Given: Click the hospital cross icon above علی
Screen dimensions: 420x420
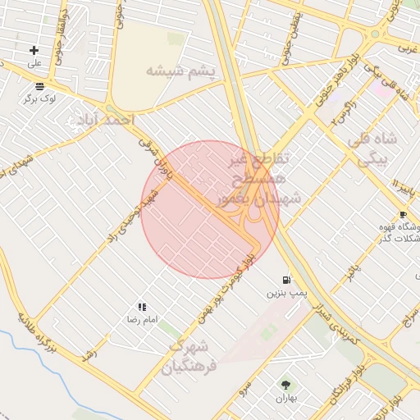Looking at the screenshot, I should pos(34,50).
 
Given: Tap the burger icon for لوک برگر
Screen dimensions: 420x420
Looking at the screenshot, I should pos(39,85).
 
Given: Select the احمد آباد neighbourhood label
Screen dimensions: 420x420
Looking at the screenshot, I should pos(105,121).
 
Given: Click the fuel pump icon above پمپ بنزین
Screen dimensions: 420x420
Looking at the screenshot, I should pos(285,279).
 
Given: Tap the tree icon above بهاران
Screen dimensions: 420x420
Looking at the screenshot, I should pos(285,384).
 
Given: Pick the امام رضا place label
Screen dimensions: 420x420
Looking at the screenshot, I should pos(141,318).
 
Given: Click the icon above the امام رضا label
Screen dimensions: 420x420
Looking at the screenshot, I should pos(142,306).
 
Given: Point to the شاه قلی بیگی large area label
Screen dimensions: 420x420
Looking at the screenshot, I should pos(372,149).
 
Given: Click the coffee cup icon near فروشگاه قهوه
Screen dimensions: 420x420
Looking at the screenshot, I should pos(403,214).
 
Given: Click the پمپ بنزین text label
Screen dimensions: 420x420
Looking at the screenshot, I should pos(285,293).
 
